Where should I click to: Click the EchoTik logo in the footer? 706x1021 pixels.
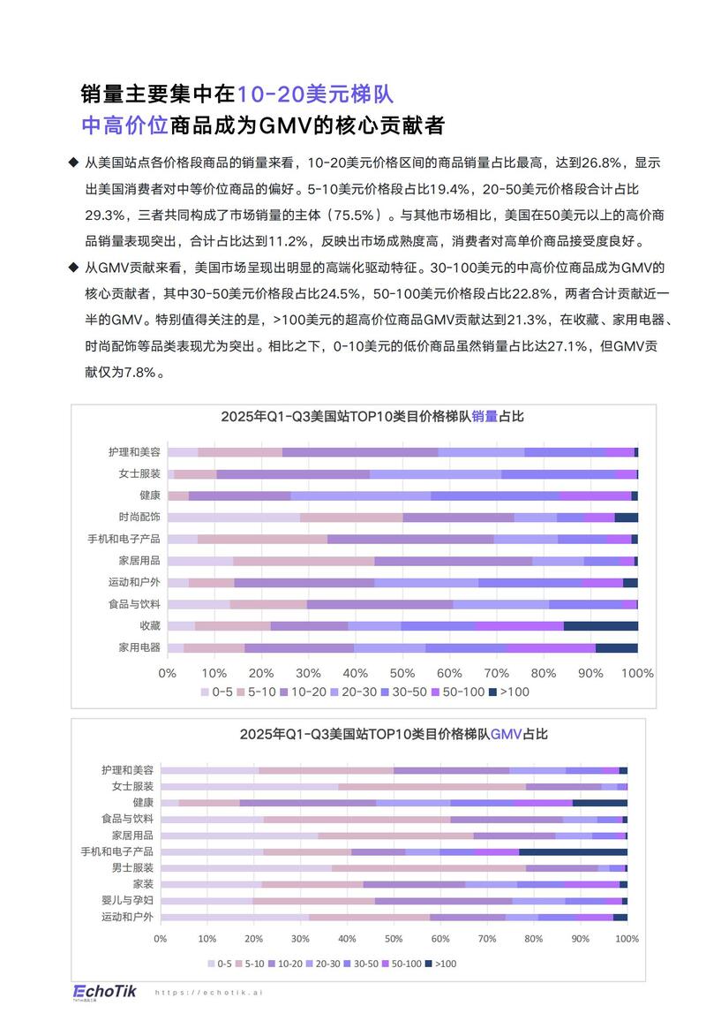pos(104,992)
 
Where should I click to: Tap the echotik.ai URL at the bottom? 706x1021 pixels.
pos(209,993)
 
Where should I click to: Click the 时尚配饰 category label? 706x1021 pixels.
pos(139,517)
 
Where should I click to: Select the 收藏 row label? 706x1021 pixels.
pos(150,625)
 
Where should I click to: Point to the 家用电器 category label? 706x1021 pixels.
pos(139,647)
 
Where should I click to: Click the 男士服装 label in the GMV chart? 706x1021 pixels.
pos(132,867)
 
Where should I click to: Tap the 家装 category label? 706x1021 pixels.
pos(143,884)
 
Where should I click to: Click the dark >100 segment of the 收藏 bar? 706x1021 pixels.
pos(600,626)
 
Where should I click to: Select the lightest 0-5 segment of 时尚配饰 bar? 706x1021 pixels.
pos(233,518)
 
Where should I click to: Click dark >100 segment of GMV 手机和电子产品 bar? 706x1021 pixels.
pos(573,851)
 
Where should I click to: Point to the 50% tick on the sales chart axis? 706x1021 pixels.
pos(402,673)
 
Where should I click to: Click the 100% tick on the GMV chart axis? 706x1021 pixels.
pos(627,939)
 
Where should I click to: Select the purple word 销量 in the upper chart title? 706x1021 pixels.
pos(485,416)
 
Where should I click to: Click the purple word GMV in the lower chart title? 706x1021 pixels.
pos(507,733)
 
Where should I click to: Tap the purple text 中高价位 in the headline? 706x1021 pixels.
pos(124,125)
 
